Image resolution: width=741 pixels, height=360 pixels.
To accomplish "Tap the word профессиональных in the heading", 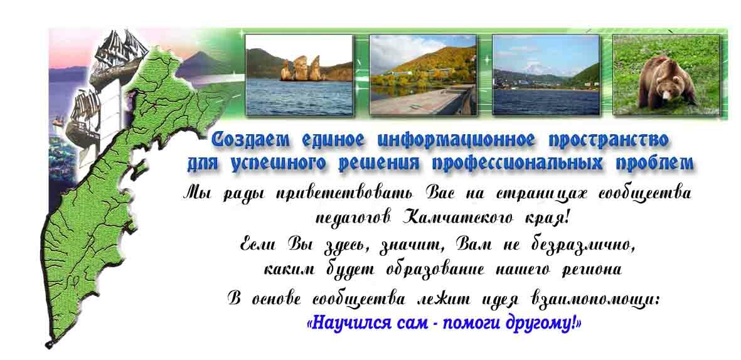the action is [517, 164].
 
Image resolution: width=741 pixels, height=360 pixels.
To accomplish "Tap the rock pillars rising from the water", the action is [301, 68].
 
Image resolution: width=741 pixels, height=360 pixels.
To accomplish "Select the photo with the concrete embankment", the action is [423, 75].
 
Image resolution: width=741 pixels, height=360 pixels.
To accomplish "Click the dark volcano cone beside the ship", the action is [201, 62].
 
